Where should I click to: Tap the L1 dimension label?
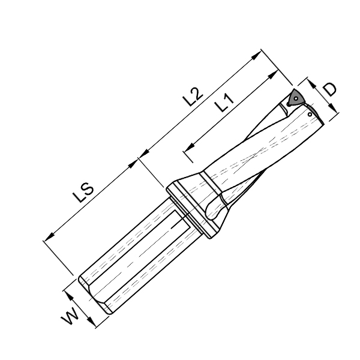224,103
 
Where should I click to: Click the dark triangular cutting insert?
296,97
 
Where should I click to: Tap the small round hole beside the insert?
310,113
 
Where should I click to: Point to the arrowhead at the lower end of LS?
48,240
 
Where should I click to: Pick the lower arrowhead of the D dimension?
334,110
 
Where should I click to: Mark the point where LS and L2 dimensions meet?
139,158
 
